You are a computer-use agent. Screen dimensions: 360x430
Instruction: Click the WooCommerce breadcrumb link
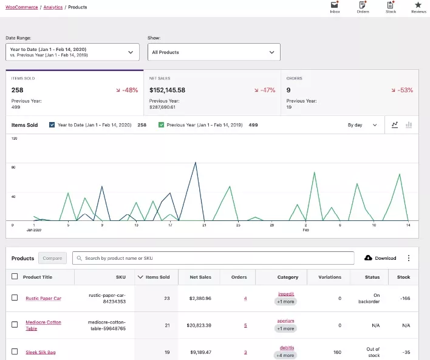[x=22, y=7]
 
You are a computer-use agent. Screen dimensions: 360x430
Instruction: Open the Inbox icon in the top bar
[x=335, y=5]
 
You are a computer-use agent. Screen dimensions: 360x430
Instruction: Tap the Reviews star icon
[x=418, y=5]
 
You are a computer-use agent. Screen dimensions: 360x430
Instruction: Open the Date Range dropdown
[x=72, y=52]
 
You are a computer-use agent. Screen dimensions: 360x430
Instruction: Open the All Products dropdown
[x=214, y=52]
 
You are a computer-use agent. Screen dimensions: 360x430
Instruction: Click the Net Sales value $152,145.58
[x=167, y=90]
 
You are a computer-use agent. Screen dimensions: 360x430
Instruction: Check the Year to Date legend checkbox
[x=52, y=125]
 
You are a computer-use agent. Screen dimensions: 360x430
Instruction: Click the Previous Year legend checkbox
[x=161, y=125]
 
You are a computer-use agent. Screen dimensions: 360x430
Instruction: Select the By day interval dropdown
[x=362, y=125]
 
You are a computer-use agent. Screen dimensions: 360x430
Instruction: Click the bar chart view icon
[x=409, y=125]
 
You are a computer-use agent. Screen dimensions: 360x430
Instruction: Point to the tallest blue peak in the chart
[x=195, y=163]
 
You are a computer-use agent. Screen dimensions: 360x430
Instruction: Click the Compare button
[x=52, y=258]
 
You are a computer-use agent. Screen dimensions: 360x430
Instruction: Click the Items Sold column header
[x=157, y=277]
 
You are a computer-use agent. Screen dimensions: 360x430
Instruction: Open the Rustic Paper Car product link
[x=43, y=298]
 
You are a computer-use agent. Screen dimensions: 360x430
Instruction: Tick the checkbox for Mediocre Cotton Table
[x=15, y=325]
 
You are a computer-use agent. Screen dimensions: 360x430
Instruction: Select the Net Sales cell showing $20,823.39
[x=200, y=325]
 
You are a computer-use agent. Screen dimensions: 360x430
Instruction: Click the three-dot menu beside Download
[x=409, y=258]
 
